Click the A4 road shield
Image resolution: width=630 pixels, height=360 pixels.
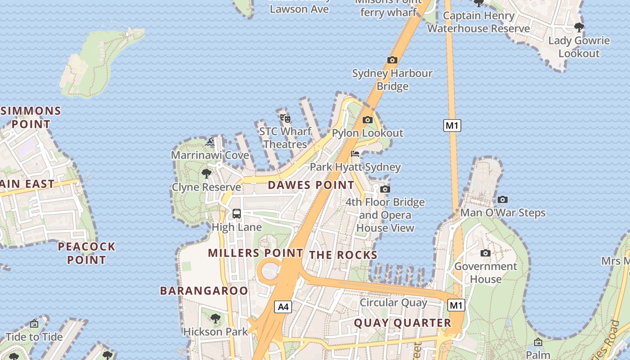click(283, 307)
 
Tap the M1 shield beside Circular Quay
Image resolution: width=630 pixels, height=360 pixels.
click(456, 306)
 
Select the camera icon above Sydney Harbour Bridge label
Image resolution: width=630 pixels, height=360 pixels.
click(392, 60)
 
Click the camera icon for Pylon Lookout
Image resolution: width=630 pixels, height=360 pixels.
click(368, 120)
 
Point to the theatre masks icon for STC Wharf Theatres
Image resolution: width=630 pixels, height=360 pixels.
click(285, 118)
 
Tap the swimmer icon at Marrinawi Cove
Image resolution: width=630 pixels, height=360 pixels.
click(210, 142)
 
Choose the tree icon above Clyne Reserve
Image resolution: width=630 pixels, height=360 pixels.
click(207, 173)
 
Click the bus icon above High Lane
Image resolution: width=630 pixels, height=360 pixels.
click(237, 214)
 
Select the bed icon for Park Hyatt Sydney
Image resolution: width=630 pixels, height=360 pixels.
click(355, 154)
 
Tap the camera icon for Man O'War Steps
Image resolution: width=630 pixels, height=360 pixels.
click(503, 199)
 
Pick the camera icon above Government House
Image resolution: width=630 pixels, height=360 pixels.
click(485, 253)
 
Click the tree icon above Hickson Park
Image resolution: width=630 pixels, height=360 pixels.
click(216, 318)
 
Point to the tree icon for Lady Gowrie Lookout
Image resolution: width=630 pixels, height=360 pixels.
click(579, 27)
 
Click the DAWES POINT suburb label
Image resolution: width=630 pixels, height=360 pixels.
click(311, 185)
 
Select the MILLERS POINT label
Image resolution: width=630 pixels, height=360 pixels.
click(255, 253)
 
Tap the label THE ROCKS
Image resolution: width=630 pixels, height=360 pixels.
click(343, 255)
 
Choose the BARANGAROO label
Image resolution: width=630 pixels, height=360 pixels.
click(204, 291)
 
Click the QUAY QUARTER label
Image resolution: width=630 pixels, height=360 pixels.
click(402, 323)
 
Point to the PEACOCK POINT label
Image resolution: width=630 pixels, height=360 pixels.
click(86, 253)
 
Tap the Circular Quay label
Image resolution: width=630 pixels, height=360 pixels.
click(393, 302)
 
